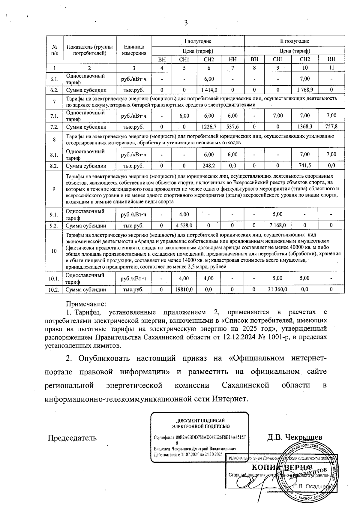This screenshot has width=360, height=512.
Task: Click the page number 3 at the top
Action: [x=186, y=23]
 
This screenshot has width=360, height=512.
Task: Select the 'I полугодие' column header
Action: [x=198, y=41]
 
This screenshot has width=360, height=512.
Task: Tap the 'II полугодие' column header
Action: [x=292, y=41]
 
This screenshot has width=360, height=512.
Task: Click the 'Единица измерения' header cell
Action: [x=134, y=50]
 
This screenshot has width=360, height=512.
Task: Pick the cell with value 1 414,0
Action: [x=209, y=90]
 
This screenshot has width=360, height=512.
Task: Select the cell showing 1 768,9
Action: [x=304, y=90]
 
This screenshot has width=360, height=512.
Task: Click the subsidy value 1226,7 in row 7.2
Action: [x=209, y=127]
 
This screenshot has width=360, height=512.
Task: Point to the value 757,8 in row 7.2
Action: [x=331, y=127]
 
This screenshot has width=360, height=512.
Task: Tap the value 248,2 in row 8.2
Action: [x=209, y=166]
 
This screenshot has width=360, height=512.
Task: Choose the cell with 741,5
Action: [x=304, y=166]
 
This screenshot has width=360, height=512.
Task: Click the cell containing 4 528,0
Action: [x=184, y=225]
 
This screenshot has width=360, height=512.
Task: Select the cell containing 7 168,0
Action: [x=277, y=225]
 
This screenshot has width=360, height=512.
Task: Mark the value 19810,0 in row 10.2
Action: [x=184, y=290]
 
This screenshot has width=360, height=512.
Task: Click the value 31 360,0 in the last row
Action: [x=277, y=290]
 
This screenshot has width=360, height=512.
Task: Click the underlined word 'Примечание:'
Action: [x=86, y=304]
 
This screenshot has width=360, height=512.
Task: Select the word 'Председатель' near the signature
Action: [x=72, y=438]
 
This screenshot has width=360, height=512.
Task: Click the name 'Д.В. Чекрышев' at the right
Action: [x=295, y=437]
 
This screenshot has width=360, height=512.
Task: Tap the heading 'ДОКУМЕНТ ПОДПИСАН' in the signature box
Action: [x=200, y=421]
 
